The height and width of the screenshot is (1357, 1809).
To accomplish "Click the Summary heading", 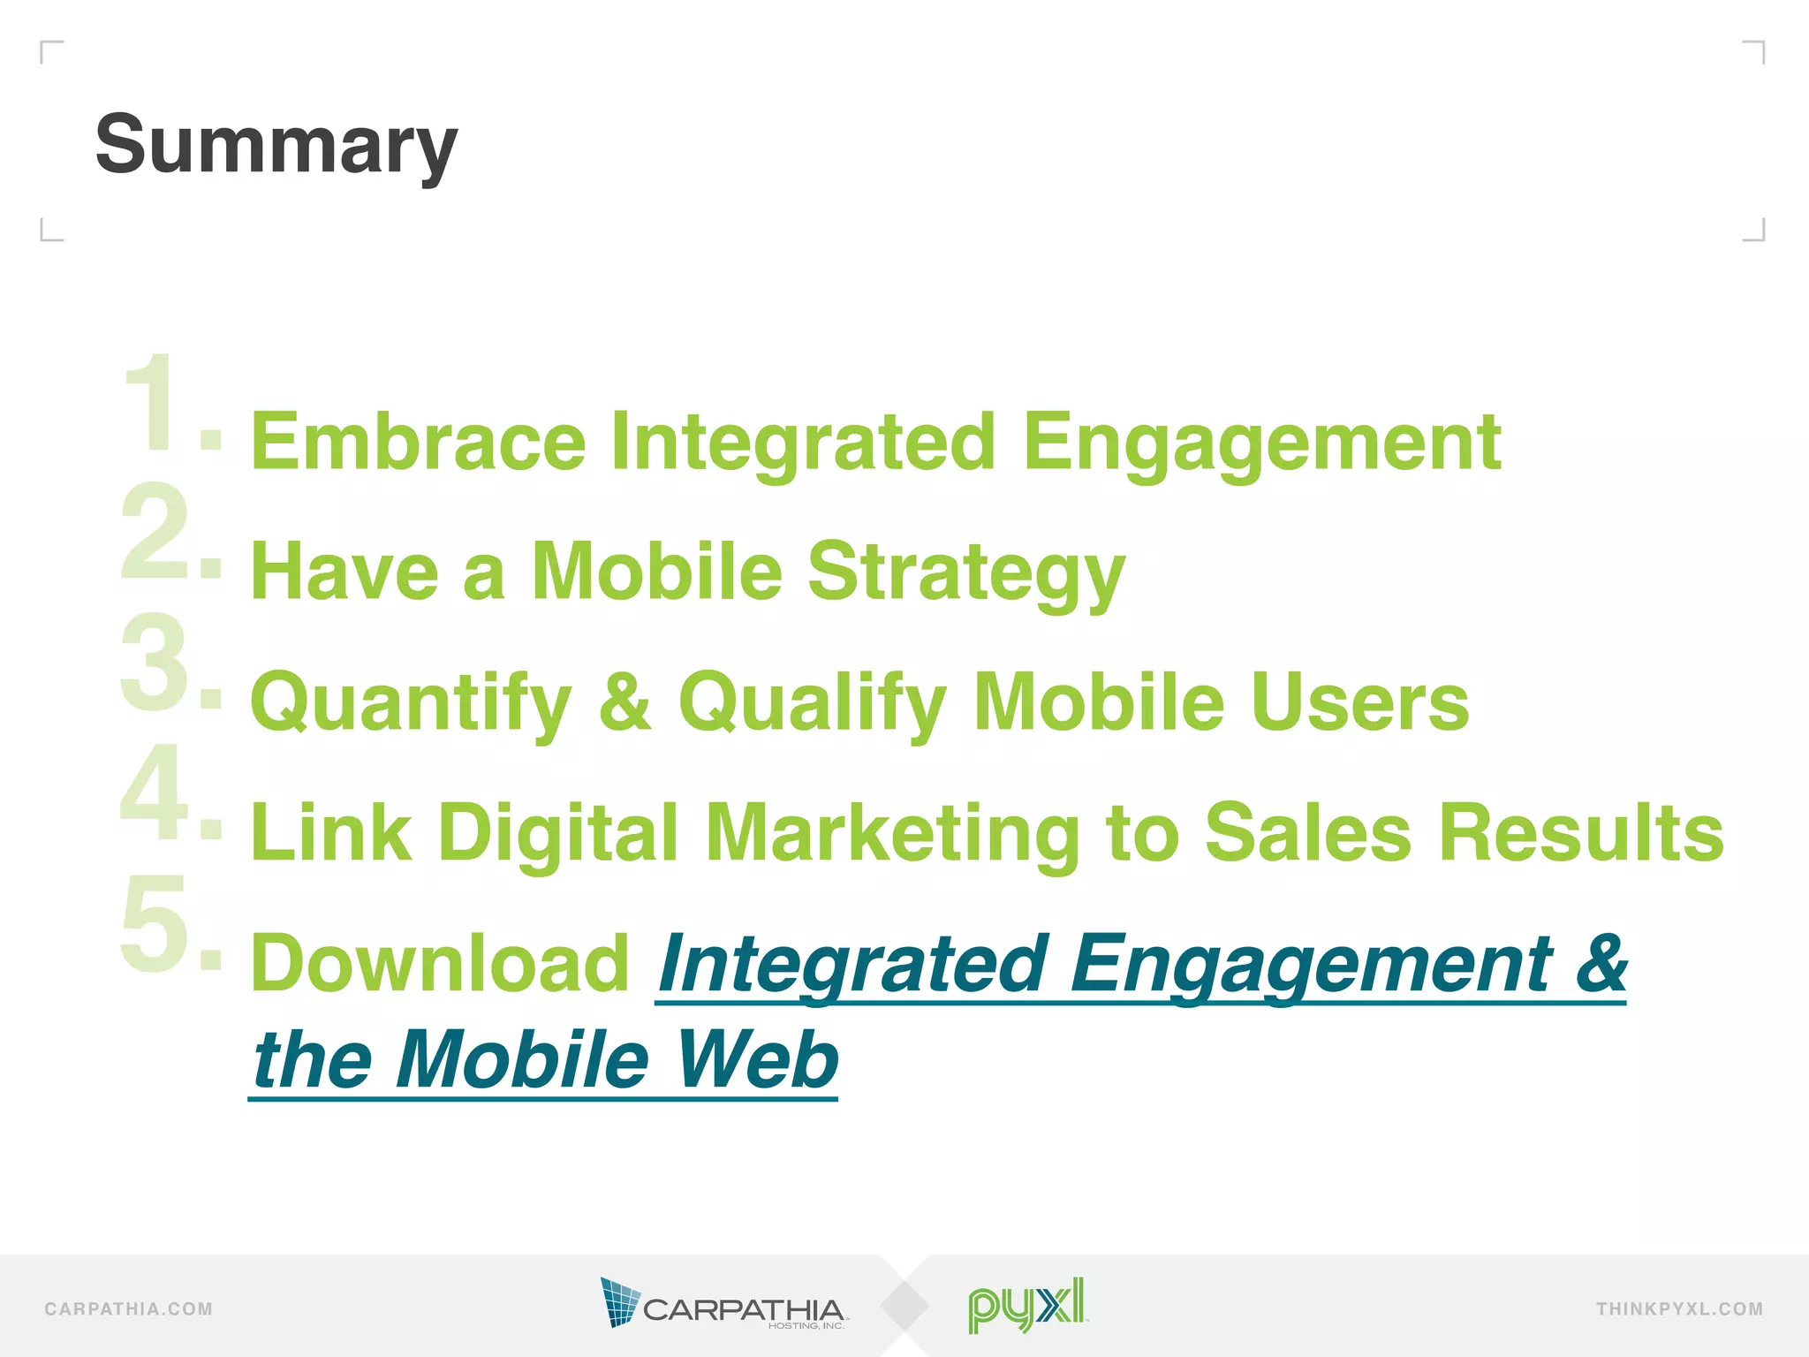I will [x=276, y=146].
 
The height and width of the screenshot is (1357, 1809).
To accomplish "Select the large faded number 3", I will [x=155, y=663].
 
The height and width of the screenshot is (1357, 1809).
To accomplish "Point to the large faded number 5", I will [x=155, y=924].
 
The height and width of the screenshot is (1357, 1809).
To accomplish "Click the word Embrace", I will [x=419, y=442].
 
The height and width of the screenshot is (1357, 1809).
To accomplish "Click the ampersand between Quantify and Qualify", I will [x=625, y=701].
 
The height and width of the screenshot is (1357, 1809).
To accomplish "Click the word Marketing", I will [x=893, y=833].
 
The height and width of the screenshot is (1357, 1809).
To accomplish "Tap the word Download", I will [x=440, y=963].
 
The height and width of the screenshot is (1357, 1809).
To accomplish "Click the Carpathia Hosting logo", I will [x=723, y=1304].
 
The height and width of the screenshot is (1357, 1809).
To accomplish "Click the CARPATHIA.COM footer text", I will [x=129, y=1309].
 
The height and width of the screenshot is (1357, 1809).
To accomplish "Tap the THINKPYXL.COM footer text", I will [x=1679, y=1309].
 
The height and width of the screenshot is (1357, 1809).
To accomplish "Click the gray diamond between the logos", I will [x=904, y=1306].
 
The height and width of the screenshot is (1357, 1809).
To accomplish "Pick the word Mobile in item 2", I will [x=656, y=572].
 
